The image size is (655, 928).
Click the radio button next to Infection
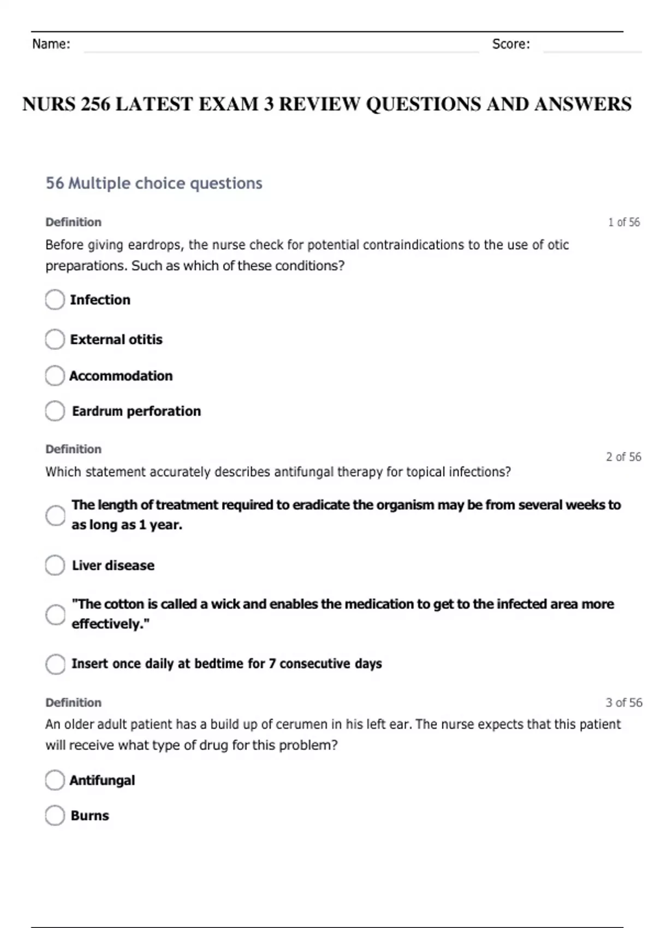(x=55, y=300)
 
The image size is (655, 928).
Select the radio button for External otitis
(x=55, y=339)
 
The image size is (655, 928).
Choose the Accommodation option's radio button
(x=55, y=376)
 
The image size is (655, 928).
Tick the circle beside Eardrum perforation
(x=55, y=411)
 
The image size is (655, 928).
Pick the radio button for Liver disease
(x=55, y=566)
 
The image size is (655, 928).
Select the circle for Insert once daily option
(x=55, y=664)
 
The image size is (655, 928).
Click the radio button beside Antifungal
(x=55, y=780)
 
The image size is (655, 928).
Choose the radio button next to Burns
(x=55, y=816)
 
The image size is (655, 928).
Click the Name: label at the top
(x=51, y=44)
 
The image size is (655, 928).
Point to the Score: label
(x=511, y=44)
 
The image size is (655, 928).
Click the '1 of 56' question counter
(x=624, y=222)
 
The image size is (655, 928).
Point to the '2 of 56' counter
(x=623, y=457)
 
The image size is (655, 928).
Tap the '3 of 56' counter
(x=623, y=703)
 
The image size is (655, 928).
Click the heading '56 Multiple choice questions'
(x=154, y=183)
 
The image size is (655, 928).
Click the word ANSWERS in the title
(x=583, y=104)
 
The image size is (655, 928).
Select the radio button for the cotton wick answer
(x=55, y=614)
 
